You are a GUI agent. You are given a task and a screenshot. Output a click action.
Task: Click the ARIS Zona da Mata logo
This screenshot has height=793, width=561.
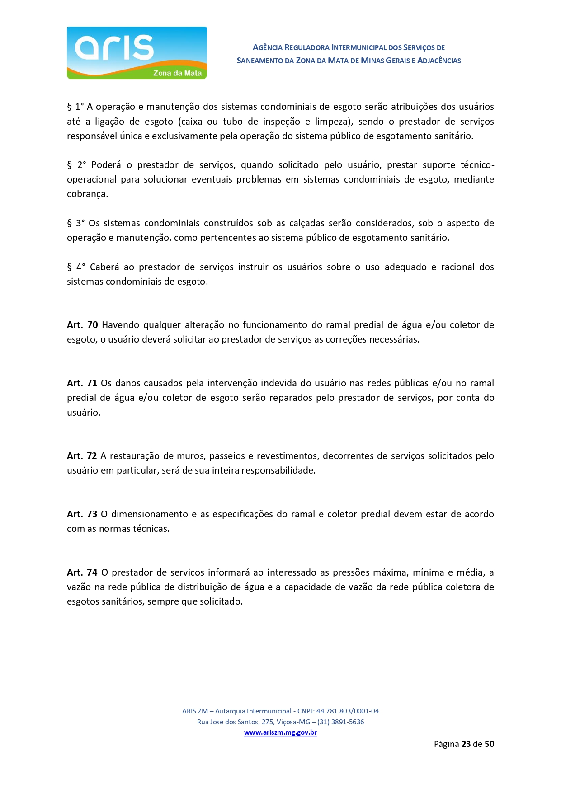pos(137,53)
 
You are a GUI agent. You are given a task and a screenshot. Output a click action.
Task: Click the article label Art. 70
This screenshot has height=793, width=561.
pos(82,325)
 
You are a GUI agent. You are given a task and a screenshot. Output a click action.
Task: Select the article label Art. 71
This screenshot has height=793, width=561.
pos(82,383)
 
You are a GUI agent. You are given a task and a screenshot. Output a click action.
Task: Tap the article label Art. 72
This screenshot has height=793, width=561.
pos(82,456)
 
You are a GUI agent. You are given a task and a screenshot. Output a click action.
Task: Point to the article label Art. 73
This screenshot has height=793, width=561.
pos(82,514)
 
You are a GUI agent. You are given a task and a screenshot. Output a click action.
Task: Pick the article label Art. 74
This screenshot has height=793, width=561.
pos(82,572)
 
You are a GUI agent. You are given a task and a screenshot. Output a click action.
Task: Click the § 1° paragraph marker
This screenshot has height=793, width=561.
pos(75,107)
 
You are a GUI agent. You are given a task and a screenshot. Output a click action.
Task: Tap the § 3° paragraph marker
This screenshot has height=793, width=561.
pos(75,223)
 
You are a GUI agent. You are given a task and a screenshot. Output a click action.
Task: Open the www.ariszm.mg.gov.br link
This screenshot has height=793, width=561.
pos(280,732)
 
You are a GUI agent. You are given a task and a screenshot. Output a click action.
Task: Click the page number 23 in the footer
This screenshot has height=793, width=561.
pos(466,744)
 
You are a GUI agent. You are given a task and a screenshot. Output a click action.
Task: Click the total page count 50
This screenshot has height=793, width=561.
pos(489,744)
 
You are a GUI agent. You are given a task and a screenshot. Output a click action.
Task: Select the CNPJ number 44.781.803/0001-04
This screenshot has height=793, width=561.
pos(348,711)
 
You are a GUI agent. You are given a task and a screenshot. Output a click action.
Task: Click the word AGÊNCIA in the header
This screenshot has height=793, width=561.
pos(268,47)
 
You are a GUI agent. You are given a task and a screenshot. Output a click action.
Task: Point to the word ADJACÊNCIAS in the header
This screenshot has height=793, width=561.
pos(439,61)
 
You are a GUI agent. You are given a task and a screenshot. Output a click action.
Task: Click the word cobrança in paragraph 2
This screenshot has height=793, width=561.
pos(87,194)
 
